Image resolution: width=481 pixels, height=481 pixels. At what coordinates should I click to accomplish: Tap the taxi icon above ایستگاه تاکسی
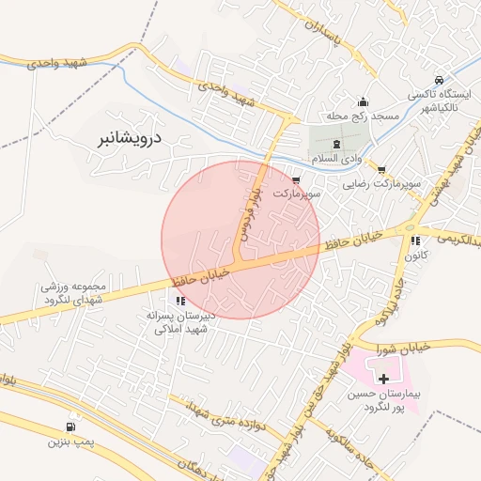[x=440, y=80]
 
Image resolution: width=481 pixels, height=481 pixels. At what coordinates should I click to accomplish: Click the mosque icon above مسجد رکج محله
[x=364, y=102]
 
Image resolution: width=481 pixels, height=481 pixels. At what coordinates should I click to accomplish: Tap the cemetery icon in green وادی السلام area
[x=337, y=143]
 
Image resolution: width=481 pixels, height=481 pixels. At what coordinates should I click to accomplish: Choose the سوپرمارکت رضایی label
[x=382, y=185]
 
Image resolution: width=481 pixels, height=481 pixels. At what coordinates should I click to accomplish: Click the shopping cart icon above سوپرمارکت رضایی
[x=381, y=170]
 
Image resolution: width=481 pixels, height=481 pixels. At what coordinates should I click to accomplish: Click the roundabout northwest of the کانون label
[x=411, y=226]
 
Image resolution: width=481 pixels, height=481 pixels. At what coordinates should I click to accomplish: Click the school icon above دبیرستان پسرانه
[x=179, y=302]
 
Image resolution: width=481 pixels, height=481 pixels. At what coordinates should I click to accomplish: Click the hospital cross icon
[x=383, y=378]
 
